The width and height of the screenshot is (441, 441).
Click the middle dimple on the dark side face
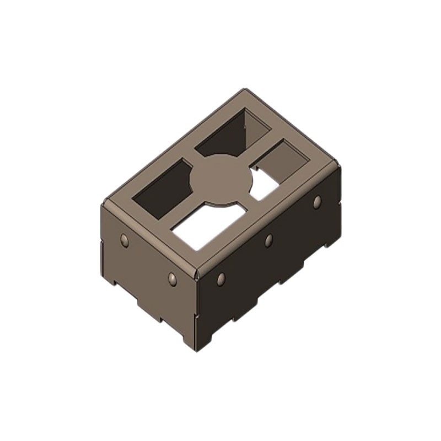268,240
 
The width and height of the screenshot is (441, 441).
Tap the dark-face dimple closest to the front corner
221,278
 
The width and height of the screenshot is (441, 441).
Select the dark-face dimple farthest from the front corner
317,202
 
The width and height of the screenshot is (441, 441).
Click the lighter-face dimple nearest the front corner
173,278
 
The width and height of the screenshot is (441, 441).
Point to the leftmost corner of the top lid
103,204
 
